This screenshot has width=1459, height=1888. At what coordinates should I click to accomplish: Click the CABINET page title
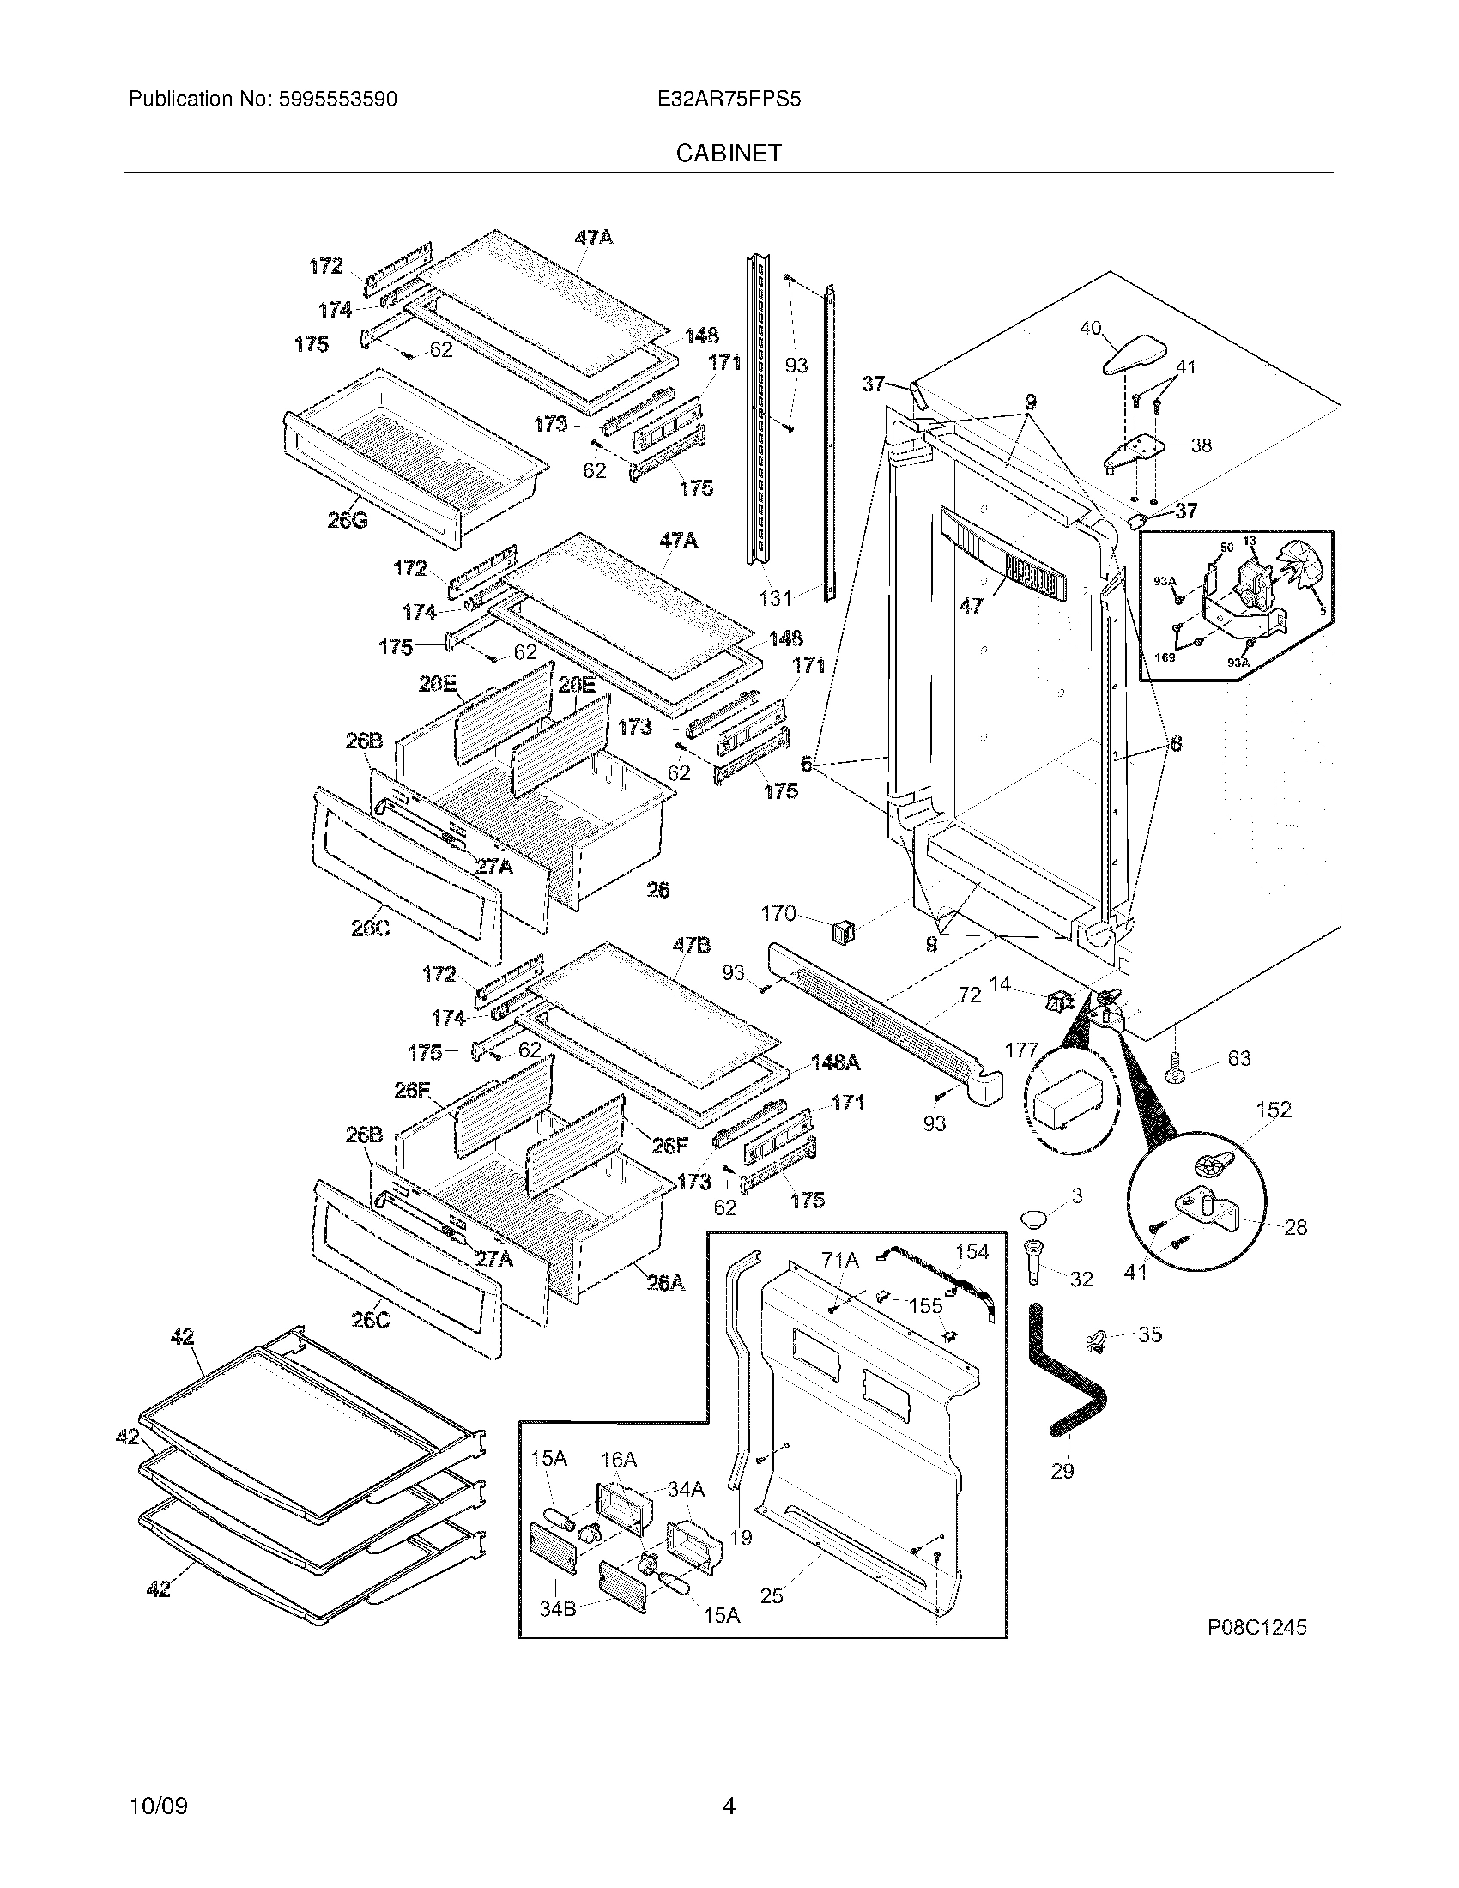point(728,153)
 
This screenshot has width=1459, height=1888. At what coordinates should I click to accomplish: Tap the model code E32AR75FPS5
point(729,100)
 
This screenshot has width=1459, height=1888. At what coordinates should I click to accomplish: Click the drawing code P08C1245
point(1256,1628)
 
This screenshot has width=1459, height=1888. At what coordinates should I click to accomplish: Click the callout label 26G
point(347,520)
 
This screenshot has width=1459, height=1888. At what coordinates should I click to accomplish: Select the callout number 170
point(778,914)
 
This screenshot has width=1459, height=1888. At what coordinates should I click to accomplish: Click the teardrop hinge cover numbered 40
point(1134,355)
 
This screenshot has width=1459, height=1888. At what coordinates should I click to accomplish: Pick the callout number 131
point(775,597)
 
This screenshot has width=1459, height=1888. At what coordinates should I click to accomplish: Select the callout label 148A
point(835,1062)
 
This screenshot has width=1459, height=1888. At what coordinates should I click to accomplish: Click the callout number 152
point(1273,1109)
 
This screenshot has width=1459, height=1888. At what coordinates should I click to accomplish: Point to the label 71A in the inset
point(839,1262)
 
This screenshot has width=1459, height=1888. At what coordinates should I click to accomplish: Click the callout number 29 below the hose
point(1062,1469)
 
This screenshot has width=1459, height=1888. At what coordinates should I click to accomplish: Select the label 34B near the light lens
point(558,1610)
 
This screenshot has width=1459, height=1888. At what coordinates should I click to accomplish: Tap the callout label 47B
point(692,946)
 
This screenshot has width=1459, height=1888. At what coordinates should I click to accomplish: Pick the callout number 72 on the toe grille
point(970,995)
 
